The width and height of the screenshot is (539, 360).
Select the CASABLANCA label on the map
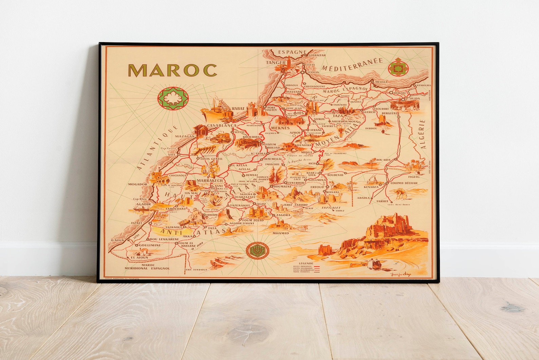click(221, 125)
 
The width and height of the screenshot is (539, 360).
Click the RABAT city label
click(238, 109)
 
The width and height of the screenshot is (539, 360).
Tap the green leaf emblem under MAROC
click(172, 99)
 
